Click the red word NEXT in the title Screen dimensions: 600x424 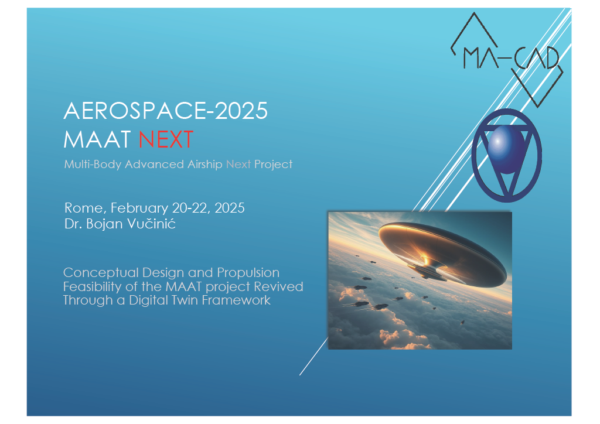[x=166, y=139]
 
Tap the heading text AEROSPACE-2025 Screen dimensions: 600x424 [x=166, y=111]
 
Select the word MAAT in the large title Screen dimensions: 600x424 [x=97, y=139]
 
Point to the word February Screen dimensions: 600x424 [x=139, y=208]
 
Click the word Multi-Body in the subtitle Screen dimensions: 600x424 [x=93, y=165]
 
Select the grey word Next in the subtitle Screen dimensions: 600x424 [x=238, y=165]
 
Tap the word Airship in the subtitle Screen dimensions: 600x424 [x=204, y=165]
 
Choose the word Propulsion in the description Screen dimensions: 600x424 [x=248, y=273]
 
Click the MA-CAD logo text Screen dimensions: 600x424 [x=511, y=59]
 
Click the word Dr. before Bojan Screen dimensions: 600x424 [x=73, y=224]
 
